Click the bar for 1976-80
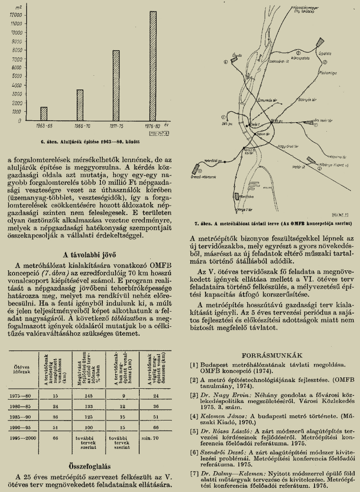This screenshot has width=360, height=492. point(153,66)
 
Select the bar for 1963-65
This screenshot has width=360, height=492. point(44,114)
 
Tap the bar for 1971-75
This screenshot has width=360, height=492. point(116,85)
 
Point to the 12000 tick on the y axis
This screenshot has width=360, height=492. point(16,15)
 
